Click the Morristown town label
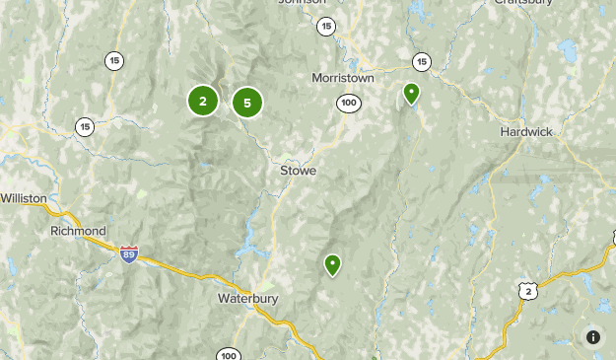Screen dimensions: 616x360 [344, 77]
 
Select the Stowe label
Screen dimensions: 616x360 [298, 171]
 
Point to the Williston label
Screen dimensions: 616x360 [24, 198]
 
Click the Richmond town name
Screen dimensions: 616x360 [78, 231]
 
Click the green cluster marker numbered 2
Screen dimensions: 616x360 [202, 100]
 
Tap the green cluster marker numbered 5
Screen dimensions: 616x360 [247, 102]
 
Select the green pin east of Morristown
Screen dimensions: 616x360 [411, 94]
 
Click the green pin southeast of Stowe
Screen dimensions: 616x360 [333, 264]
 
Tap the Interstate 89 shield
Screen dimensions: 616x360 [128, 253]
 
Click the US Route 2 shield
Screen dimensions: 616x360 [529, 290]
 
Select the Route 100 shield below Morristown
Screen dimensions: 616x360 [348, 103]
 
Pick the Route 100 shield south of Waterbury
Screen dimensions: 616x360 [229, 355]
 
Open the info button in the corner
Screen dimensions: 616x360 [593, 337]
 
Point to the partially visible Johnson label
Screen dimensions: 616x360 [302, 3]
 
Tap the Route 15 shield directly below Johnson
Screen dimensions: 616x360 [326, 27]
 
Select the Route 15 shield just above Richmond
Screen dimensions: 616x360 [85, 126]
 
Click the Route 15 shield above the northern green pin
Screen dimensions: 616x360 [422, 61]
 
